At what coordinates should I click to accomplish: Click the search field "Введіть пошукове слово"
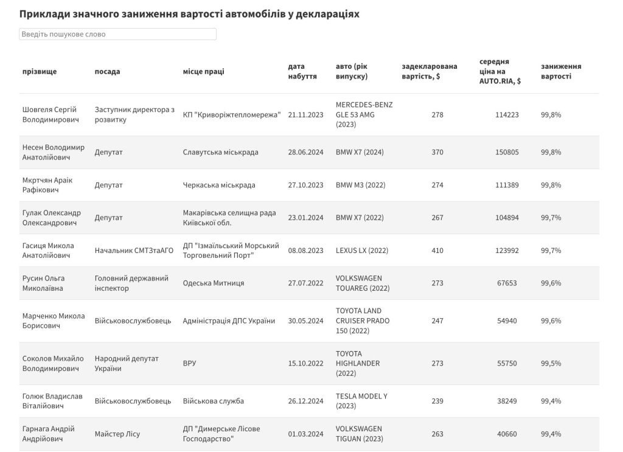click(x=117, y=34)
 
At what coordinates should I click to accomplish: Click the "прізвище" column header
click(x=40, y=71)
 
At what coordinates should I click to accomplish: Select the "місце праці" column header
click(x=203, y=71)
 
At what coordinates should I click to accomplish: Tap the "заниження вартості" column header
click(x=560, y=71)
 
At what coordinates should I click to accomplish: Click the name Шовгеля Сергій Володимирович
click(x=51, y=114)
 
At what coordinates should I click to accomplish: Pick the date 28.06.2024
click(x=305, y=152)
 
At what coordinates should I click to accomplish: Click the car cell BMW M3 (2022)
click(x=360, y=185)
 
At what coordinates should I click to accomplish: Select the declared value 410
click(x=437, y=251)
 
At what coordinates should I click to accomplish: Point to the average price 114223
click(x=507, y=114)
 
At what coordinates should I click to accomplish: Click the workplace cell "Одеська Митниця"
click(x=214, y=283)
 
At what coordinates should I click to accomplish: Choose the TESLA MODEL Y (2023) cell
click(x=361, y=401)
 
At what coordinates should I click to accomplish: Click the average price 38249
click(x=507, y=402)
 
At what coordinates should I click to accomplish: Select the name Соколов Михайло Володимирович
click(x=53, y=363)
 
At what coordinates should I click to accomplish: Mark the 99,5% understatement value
click(x=551, y=364)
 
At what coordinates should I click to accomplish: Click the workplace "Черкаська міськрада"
click(x=219, y=185)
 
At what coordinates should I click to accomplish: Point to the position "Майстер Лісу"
click(x=117, y=434)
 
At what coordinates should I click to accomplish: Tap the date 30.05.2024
click(x=305, y=321)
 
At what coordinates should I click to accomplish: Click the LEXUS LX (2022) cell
click(x=361, y=251)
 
